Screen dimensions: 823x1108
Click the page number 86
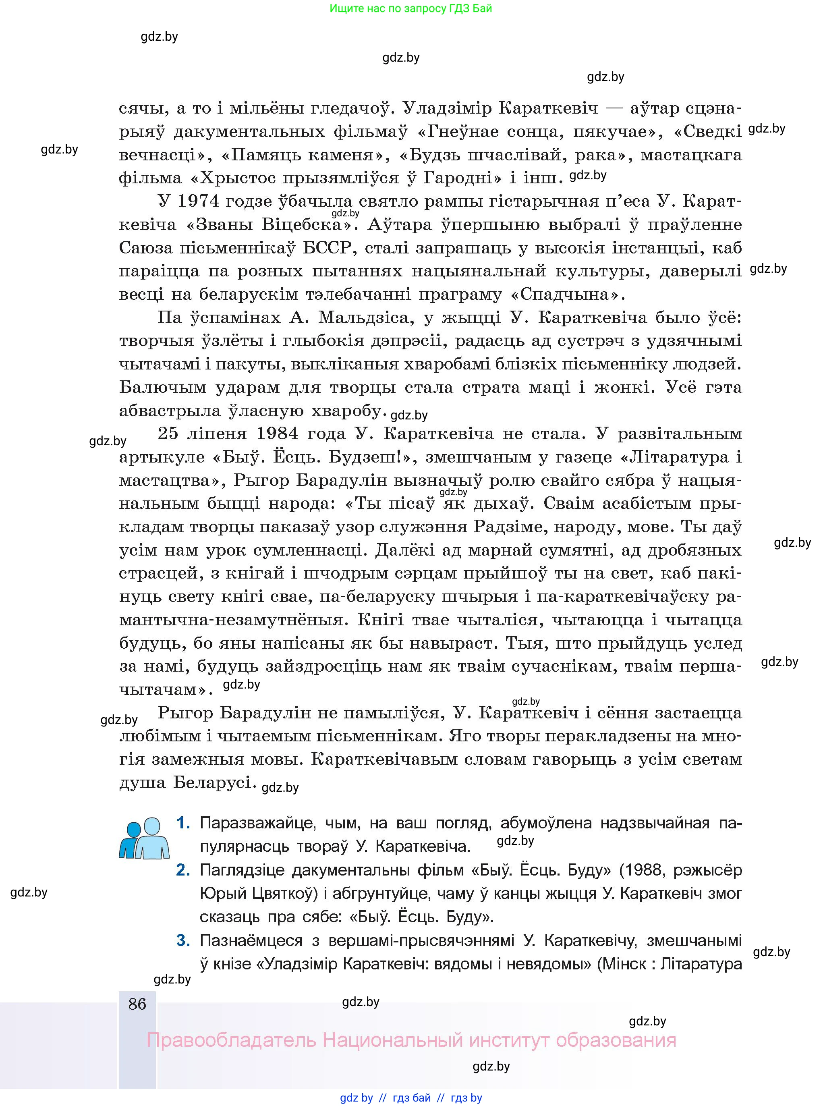point(137,1003)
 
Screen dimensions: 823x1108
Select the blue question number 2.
point(183,870)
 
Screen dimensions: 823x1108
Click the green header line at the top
point(410,8)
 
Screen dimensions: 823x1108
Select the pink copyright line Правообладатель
point(411,1040)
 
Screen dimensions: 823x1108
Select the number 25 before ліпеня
point(168,434)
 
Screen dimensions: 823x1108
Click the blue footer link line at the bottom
point(411,1098)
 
